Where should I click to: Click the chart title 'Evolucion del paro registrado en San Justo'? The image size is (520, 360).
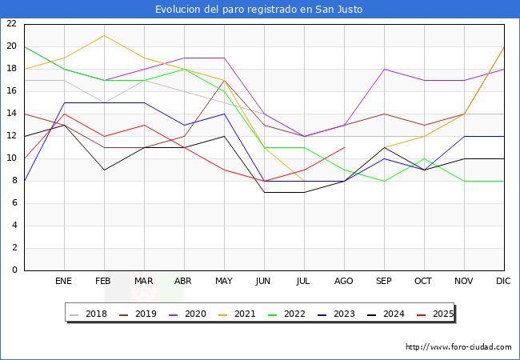click(260, 10)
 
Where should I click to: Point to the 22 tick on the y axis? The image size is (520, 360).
click(11, 24)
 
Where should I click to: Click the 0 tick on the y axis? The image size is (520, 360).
click(14, 270)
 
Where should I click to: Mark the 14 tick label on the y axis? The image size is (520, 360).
click(11, 114)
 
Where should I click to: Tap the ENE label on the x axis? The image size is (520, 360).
click(64, 282)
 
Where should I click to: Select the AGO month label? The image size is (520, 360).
click(344, 282)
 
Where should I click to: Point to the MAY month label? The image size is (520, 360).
click(224, 282)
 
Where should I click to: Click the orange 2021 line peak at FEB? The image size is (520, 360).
click(104, 35)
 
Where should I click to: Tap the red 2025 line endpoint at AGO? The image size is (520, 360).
click(344, 147)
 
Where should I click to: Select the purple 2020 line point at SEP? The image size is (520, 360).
click(384, 69)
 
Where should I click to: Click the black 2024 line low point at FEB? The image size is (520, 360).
click(104, 170)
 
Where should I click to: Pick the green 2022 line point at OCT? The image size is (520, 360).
click(424, 158)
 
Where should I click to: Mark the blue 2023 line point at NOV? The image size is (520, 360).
click(464, 136)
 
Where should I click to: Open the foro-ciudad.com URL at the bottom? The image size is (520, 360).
click(458, 347)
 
